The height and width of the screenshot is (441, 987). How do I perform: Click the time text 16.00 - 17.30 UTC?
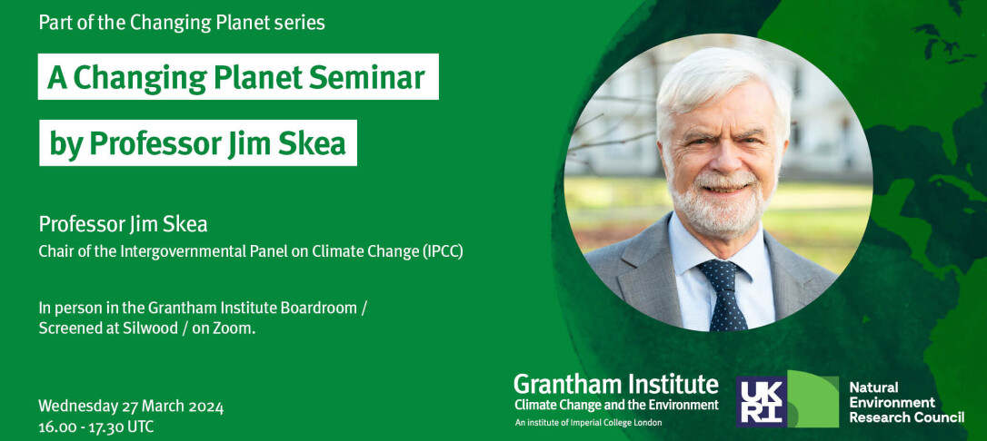(x=95, y=427)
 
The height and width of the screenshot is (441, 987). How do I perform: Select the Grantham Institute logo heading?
(x=615, y=383)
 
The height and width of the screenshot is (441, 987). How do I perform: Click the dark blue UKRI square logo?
(x=762, y=401)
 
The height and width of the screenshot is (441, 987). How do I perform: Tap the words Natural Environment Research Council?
(x=906, y=403)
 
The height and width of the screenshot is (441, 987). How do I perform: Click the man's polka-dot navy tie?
(x=725, y=294)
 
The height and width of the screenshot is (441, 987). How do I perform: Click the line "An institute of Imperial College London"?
(x=588, y=423)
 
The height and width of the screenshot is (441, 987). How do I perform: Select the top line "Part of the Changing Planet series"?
(x=182, y=24)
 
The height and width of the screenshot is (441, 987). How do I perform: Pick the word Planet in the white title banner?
(x=251, y=78)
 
